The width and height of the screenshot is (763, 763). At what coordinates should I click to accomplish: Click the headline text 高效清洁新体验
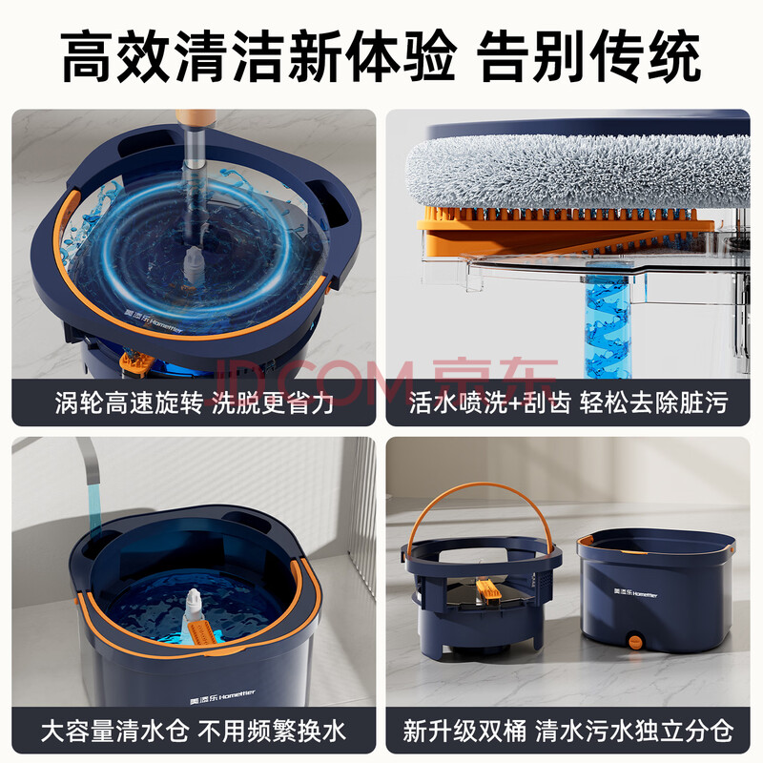coord(258,56)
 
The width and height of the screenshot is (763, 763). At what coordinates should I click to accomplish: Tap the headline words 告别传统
coord(588,56)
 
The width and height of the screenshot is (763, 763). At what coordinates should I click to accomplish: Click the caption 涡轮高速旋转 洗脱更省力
coord(195,402)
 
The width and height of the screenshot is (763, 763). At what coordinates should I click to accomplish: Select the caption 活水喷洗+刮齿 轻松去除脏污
coord(567,402)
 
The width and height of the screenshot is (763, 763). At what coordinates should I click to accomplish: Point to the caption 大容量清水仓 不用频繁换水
coord(194,731)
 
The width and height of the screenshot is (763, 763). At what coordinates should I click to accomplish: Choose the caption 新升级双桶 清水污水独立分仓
coord(567,731)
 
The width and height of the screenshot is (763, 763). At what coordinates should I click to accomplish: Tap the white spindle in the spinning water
coord(195,264)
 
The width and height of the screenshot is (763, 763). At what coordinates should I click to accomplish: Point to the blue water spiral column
coord(608,327)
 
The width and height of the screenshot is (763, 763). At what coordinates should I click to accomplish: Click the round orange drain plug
coord(634,641)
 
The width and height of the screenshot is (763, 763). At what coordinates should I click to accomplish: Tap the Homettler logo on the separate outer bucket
coord(635,592)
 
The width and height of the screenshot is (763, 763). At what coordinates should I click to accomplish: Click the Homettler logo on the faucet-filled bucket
coord(222,697)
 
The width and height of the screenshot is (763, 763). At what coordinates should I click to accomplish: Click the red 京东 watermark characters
coord(494,382)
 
